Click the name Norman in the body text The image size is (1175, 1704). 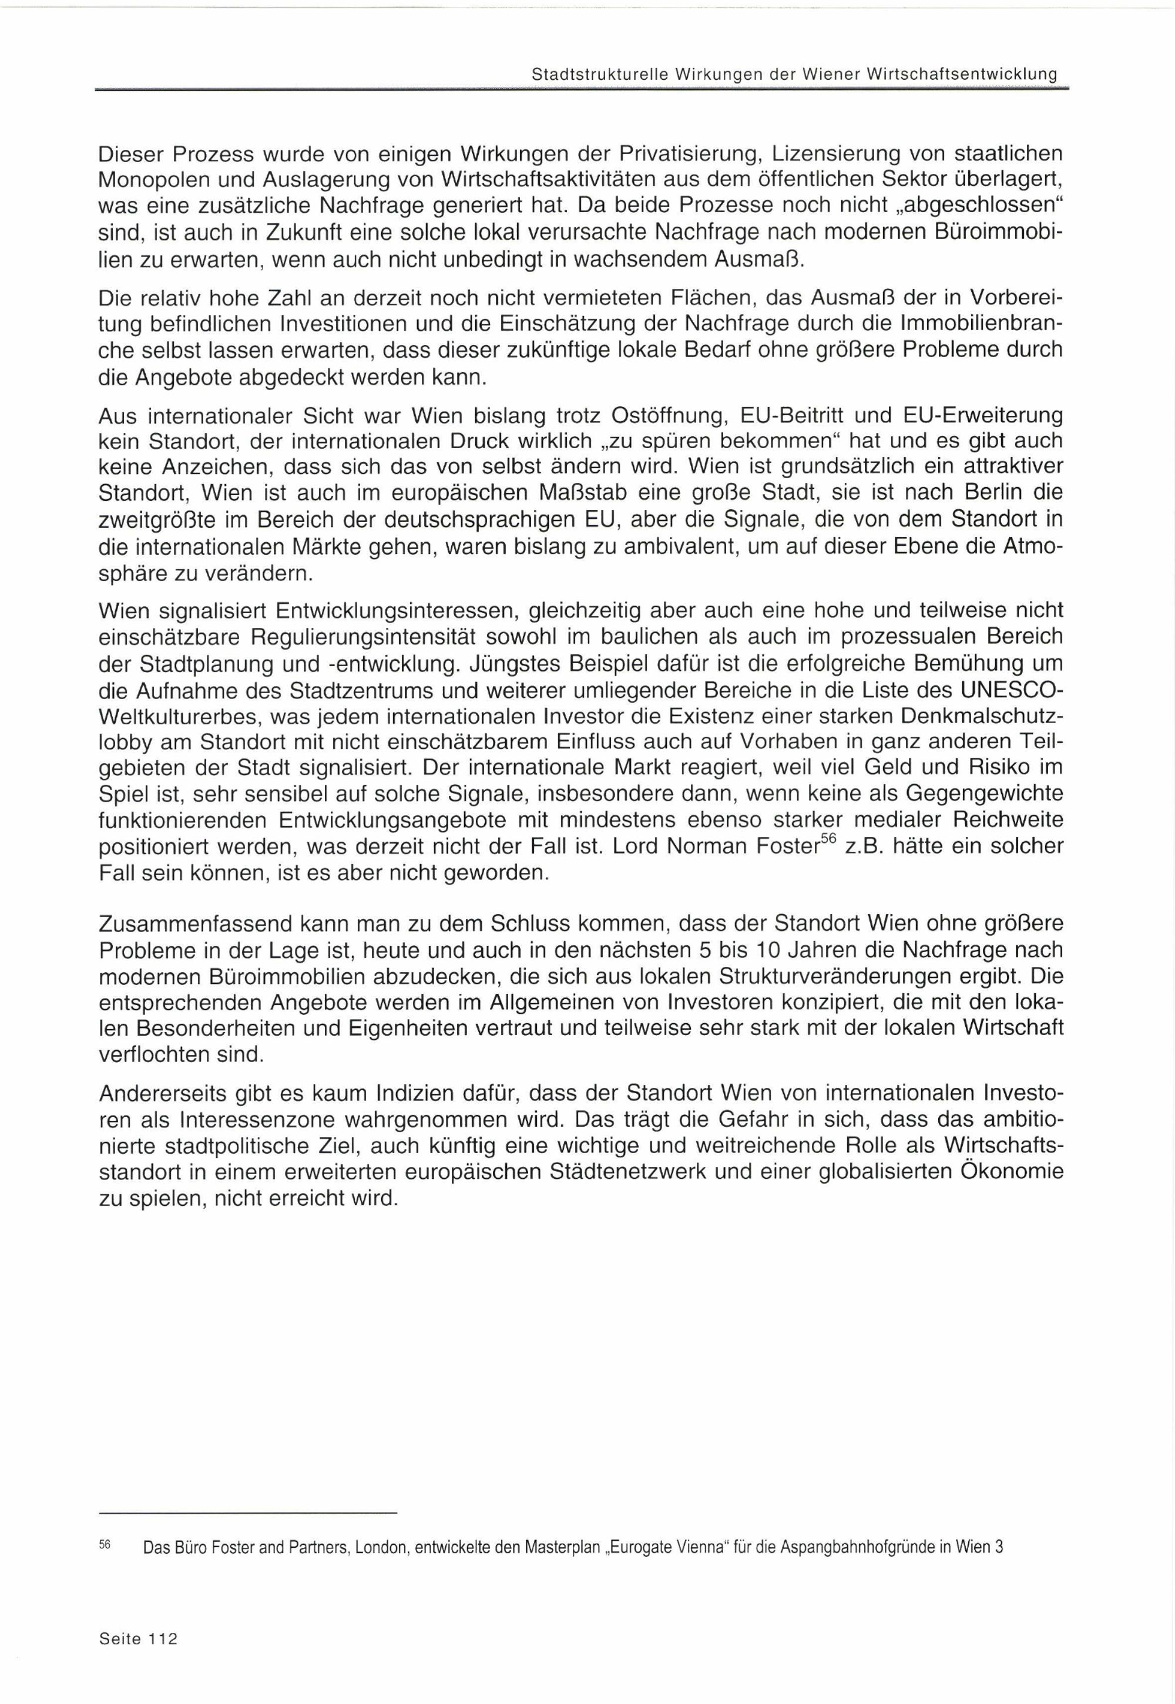[x=707, y=847]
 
